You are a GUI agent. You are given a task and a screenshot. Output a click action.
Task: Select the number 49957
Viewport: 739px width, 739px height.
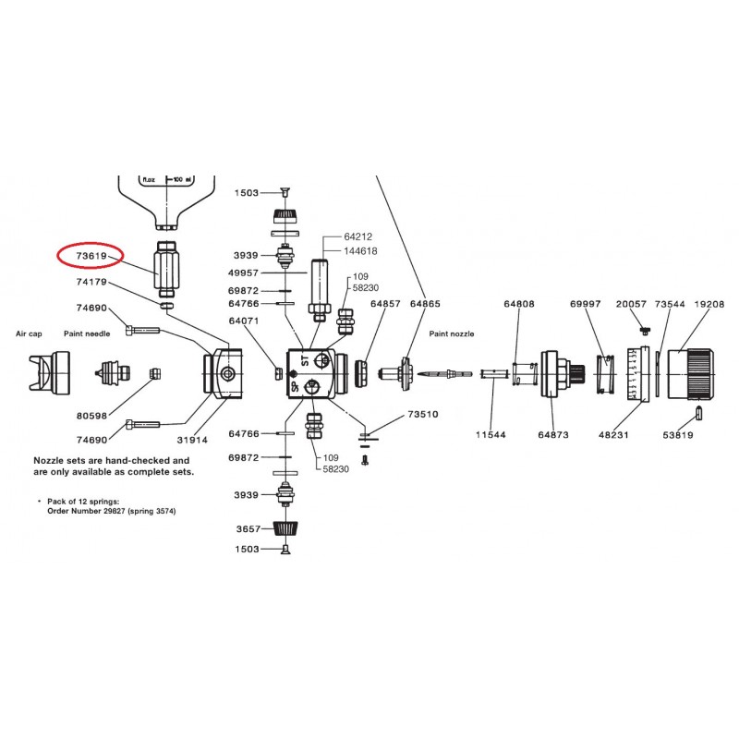point(245,273)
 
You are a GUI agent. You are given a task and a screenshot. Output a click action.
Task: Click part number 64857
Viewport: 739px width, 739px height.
point(385,303)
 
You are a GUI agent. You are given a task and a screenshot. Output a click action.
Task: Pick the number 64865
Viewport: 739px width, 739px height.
point(426,303)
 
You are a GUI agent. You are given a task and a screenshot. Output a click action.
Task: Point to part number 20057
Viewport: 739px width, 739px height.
point(631,303)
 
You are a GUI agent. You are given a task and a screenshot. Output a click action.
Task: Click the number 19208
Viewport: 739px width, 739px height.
point(709,303)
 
